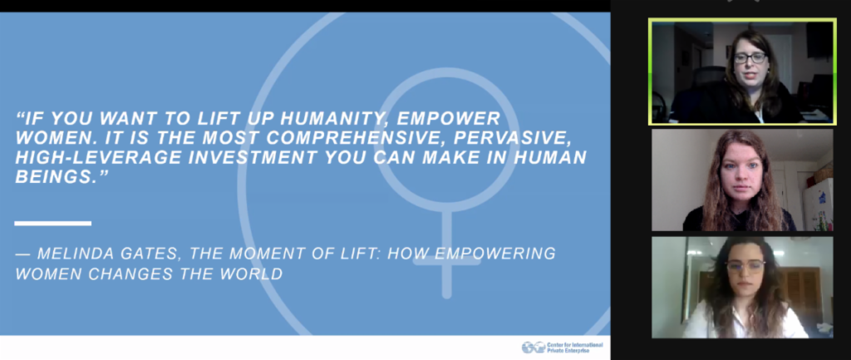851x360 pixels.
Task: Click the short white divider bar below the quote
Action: [x=52, y=223]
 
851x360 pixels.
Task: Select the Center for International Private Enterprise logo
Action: [x=563, y=347]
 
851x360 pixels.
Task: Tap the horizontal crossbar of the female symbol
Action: [x=446, y=261]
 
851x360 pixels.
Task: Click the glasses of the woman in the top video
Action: [x=750, y=57]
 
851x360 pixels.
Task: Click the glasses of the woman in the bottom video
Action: [x=745, y=266]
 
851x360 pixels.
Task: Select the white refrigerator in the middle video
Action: [x=818, y=205]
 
